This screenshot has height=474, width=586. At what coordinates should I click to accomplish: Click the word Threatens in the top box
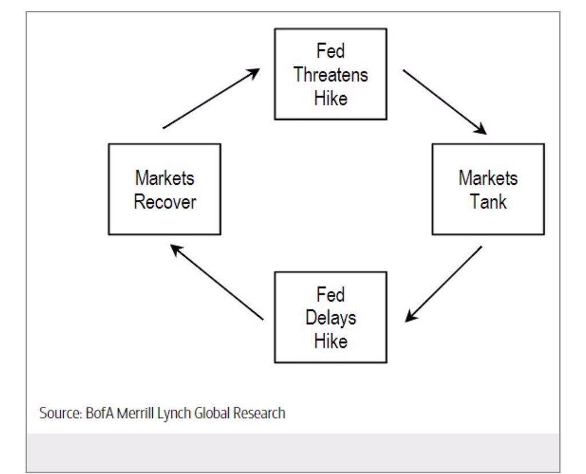pos(331,75)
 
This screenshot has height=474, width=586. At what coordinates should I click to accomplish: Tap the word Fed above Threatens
pos(331,52)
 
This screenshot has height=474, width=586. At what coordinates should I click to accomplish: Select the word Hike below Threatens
pos(331,98)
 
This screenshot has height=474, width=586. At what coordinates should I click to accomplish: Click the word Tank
pos(488,202)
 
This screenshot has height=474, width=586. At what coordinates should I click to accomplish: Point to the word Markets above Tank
pos(488,178)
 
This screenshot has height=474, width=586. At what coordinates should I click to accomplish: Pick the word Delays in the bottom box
pos(331,318)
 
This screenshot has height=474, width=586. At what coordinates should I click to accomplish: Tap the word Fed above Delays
pos(331,295)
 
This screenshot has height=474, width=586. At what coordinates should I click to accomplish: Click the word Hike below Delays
pos(331,342)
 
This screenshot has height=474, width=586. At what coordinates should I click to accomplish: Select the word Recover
pos(165,202)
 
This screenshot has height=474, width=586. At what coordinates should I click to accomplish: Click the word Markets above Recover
pos(165,178)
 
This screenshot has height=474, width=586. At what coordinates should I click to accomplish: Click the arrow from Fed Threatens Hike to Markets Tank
pos(445,102)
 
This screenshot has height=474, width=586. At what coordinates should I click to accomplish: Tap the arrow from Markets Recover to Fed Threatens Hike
pos(211,98)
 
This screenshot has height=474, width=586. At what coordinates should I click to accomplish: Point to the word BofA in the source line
pos(98,413)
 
